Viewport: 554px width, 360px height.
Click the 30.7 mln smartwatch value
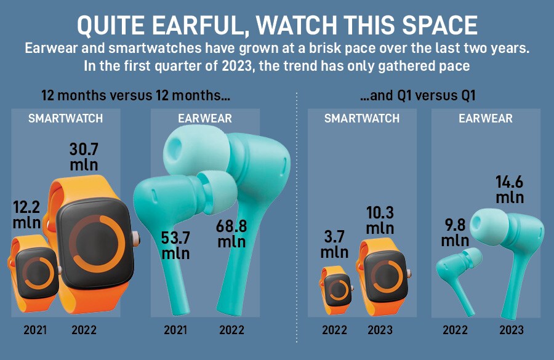(84, 157)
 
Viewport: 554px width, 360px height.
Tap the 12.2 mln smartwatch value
(26, 215)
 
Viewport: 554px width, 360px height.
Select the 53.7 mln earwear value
(175, 245)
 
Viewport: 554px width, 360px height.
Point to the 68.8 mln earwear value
(231, 234)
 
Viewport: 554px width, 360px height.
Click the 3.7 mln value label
(334, 244)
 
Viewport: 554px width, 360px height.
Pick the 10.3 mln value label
(380, 220)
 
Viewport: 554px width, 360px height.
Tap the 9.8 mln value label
(455, 233)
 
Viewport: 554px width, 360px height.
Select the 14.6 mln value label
(510, 190)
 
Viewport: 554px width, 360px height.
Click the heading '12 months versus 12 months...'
(135, 95)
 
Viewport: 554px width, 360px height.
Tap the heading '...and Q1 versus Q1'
(418, 95)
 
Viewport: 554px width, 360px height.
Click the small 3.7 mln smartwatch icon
(335, 290)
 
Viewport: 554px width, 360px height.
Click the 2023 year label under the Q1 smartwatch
(380, 330)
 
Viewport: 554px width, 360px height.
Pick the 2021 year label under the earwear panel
(175, 330)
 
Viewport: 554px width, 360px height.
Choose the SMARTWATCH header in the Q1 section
(362, 118)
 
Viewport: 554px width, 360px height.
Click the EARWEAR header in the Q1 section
(486, 118)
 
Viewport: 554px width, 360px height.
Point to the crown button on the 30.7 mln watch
(136, 239)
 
